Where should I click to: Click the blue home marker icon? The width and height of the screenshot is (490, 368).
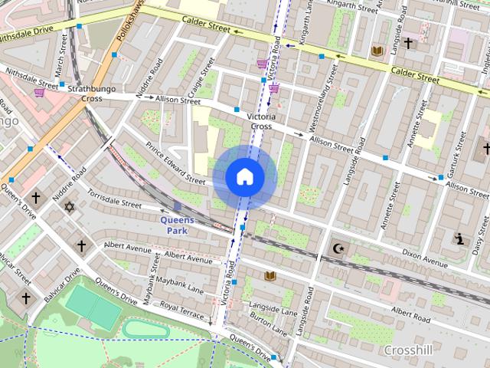245,177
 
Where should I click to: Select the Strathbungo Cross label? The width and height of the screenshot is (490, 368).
85,94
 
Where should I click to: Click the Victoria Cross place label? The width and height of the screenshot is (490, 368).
260,121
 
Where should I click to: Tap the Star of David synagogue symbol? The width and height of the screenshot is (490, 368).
70,207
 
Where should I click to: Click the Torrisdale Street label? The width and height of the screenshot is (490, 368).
115,200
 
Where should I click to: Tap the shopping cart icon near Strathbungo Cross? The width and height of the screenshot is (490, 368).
39,93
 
